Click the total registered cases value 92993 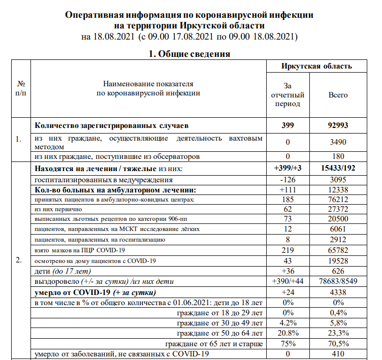tap(338, 125)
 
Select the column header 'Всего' tap(338, 94)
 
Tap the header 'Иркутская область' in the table tap(316, 66)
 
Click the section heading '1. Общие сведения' tap(189, 54)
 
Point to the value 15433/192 tap(338, 168)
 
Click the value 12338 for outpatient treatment tap(338, 189)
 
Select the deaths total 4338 tap(338, 292)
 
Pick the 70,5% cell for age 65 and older tap(338, 344)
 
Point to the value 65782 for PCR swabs tap(338, 250)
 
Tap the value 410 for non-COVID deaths tap(338, 354)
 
